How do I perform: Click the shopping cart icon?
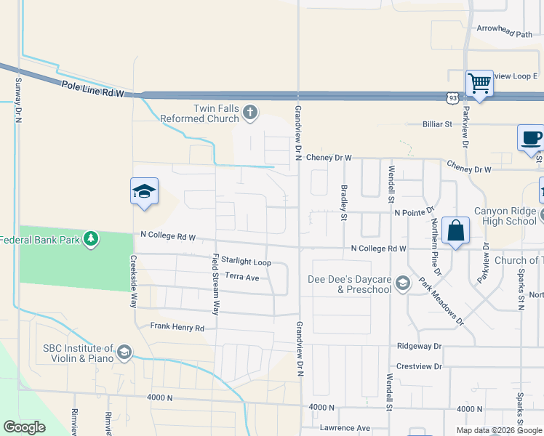[479, 84]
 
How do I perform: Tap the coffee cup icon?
[531, 138]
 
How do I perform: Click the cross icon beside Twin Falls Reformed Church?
[250, 113]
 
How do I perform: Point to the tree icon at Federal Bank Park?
[91, 238]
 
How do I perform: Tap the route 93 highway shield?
[452, 97]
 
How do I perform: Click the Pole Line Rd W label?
[93, 89]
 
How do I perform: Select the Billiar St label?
[437, 124]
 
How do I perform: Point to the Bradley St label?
[344, 201]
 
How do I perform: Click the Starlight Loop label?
[246, 262]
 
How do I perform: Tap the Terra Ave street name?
[241, 277]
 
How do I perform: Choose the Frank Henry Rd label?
[177, 328]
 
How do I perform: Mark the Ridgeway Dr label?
[420, 347]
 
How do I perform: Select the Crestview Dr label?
[419, 366]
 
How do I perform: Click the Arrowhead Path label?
[505, 34]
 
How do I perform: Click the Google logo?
[24, 427]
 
